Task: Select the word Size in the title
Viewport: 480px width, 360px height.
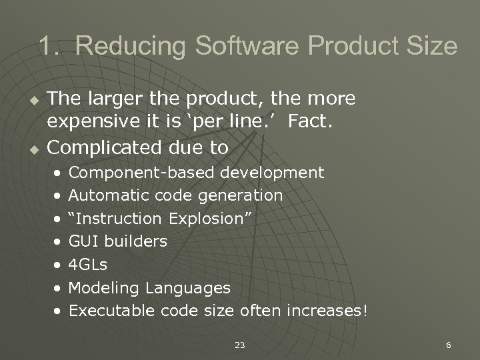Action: click(x=433, y=47)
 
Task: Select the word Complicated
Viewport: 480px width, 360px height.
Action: click(x=96, y=147)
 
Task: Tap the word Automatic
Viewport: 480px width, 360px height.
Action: click(x=109, y=196)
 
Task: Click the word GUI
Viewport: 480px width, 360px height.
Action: click(x=83, y=241)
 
